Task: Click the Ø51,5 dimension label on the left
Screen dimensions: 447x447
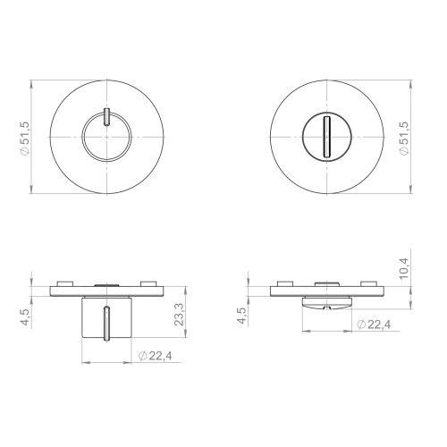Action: [x=24, y=138]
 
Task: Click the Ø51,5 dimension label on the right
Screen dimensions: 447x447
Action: [x=404, y=139]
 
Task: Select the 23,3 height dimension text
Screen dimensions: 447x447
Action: [x=179, y=315]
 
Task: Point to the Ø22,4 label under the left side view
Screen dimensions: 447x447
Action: [x=156, y=356]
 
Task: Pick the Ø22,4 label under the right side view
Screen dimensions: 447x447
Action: [x=374, y=325]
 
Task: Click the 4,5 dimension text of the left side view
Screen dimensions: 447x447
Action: [x=25, y=318]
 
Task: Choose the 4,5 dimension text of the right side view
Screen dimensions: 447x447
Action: [x=242, y=316]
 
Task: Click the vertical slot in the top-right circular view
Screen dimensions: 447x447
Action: [x=327, y=137]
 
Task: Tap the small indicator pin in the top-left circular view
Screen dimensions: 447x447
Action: [x=106, y=117]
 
